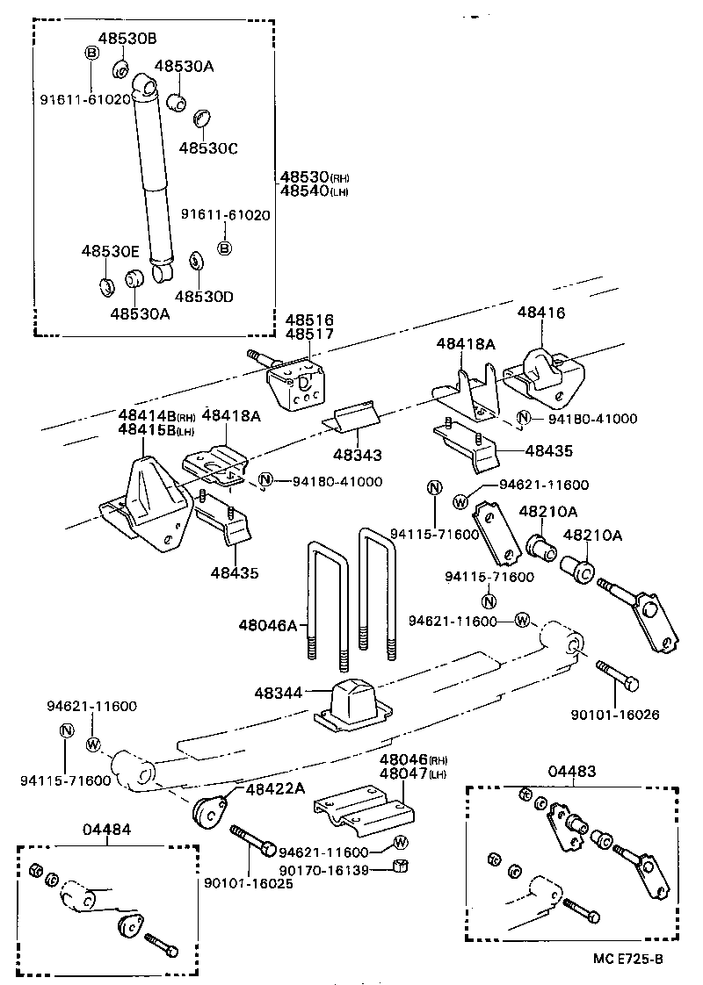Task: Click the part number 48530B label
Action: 127,39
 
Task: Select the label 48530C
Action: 208,147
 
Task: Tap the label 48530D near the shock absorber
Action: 204,297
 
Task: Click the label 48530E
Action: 111,252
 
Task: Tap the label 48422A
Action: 275,788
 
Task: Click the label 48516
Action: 301,320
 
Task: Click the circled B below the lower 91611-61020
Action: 225,248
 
